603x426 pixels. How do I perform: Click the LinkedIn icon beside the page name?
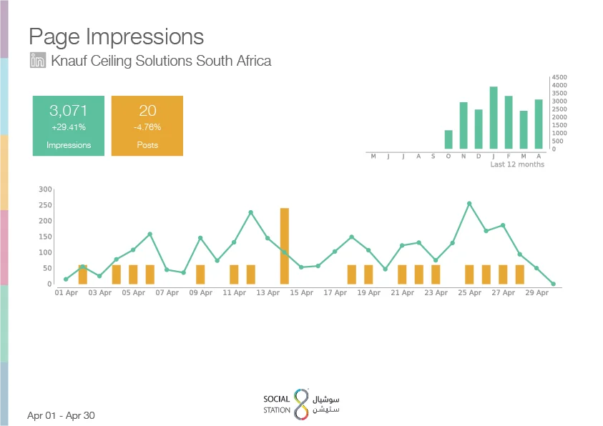(x=38, y=60)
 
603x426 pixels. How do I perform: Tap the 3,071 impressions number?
(x=69, y=111)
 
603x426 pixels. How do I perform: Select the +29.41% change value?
(x=69, y=127)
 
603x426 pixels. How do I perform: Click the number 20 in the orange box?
(x=147, y=111)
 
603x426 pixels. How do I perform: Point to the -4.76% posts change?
(x=147, y=127)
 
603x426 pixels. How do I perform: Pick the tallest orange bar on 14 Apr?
(x=285, y=246)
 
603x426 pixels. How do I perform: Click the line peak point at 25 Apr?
(x=469, y=204)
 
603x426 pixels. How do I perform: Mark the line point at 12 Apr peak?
(x=251, y=212)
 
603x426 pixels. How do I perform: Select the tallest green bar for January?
(x=494, y=117)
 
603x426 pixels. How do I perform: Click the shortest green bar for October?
(x=448, y=139)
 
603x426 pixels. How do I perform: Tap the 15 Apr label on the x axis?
(x=302, y=293)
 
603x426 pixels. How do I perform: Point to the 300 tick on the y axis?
(x=45, y=189)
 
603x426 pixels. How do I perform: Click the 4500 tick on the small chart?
(x=559, y=77)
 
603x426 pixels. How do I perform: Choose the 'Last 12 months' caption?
(x=517, y=164)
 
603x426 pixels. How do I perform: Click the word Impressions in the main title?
(x=144, y=37)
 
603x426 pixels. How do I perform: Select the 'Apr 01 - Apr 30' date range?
(x=61, y=415)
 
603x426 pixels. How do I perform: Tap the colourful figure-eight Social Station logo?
(x=302, y=404)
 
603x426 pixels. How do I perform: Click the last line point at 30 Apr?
(x=554, y=284)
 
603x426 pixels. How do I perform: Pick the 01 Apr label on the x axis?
(x=66, y=293)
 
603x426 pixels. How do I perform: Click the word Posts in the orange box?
(x=147, y=145)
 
